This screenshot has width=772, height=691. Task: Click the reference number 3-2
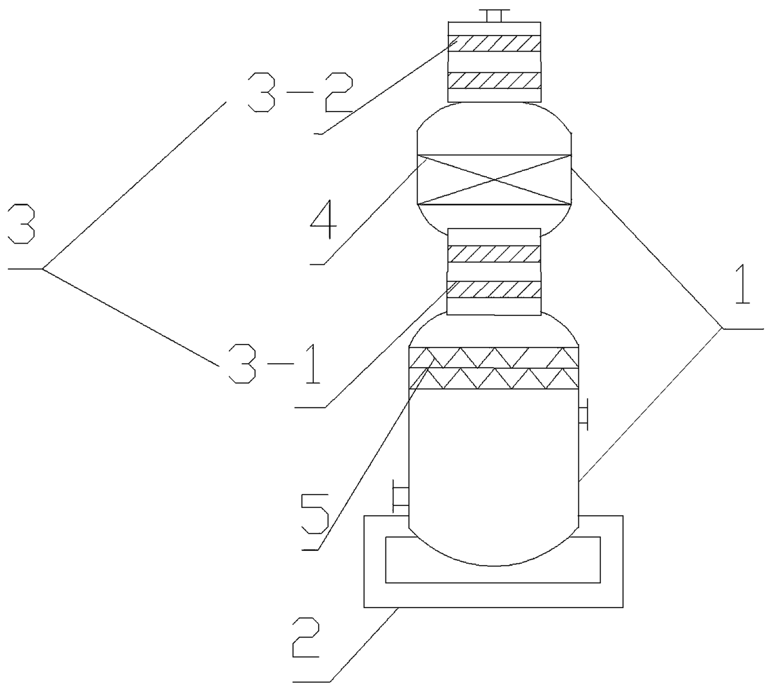(300, 93)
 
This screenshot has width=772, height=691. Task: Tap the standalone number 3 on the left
(21, 224)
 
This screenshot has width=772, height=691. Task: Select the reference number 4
(324, 219)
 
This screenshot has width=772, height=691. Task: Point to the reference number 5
(314, 515)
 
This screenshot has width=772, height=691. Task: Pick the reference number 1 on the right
(742, 284)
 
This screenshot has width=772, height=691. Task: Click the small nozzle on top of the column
(494, 16)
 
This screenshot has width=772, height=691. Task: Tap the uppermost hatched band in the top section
(494, 44)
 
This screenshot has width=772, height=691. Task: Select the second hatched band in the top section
(494, 80)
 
